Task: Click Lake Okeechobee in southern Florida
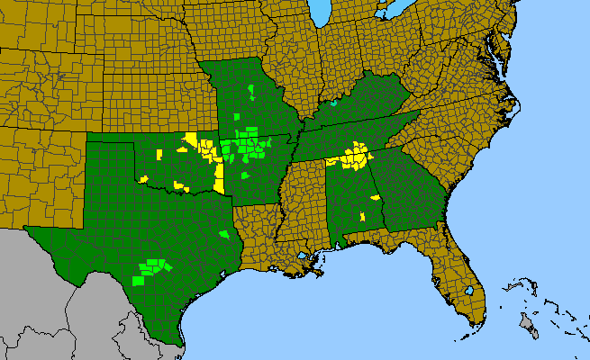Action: [468, 292]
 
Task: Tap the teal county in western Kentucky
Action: [333, 103]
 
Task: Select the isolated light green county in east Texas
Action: [224, 234]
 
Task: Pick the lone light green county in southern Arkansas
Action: [244, 175]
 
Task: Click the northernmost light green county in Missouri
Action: [251, 89]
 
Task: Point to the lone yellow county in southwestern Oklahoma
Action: [143, 178]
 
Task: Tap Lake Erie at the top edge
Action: [393, 11]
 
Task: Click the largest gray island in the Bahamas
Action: [531, 329]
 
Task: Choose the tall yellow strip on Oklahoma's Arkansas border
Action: [219, 176]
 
